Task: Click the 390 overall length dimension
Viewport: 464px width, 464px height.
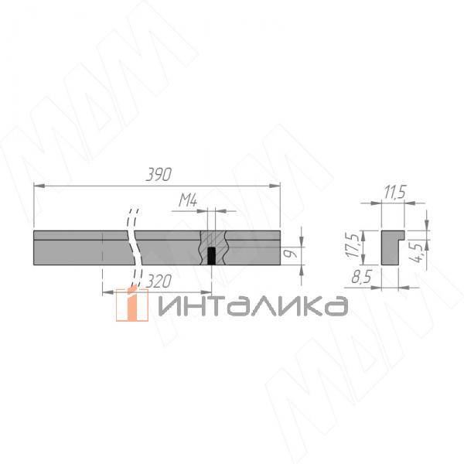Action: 158,174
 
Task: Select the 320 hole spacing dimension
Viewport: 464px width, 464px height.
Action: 157,281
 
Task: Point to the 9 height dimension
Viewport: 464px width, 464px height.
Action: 288,251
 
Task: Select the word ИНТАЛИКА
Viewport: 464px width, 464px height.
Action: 251,306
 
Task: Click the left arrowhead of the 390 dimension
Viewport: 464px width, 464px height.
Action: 38,185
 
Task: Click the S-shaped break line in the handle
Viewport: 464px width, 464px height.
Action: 133,247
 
